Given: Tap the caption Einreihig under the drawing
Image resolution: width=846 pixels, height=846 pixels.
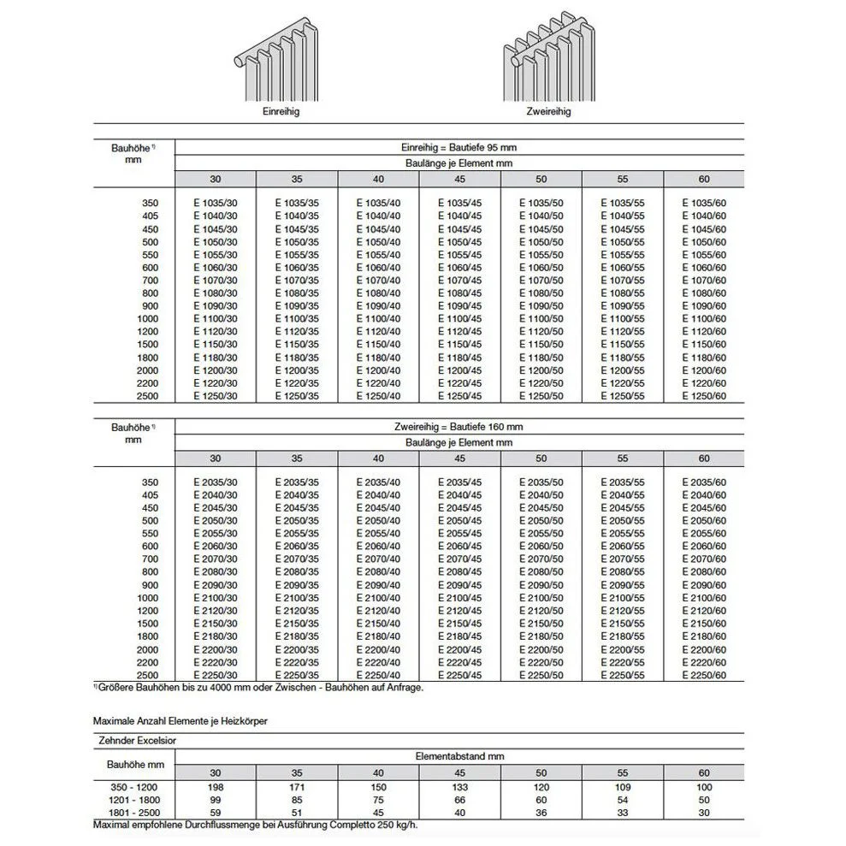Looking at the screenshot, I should click(x=281, y=112).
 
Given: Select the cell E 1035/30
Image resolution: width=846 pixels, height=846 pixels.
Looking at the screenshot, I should click(x=216, y=203).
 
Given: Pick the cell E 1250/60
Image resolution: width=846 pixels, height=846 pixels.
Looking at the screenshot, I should click(x=704, y=396).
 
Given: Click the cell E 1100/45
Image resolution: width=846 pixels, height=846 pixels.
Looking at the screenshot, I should click(x=460, y=319).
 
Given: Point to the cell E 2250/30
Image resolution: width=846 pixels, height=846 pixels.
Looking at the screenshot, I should click(x=216, y=676).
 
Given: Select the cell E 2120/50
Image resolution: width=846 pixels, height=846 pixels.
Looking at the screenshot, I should click(x=541, y=612).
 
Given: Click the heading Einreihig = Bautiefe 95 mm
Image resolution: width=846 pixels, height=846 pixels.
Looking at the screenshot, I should click(x=460, y=146).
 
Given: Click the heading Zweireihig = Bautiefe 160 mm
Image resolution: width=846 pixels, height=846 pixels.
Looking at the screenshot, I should click(x=460, y=427).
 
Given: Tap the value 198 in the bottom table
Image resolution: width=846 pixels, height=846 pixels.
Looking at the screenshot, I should click(x=216, y=786).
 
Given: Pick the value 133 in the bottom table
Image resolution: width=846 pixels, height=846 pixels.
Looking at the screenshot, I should click(x=460, y=786).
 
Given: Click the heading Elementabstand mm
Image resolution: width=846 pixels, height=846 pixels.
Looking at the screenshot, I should click(x=460, y=756).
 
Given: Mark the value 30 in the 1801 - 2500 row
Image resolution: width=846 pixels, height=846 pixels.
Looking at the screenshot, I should click(x=704, y=813).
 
